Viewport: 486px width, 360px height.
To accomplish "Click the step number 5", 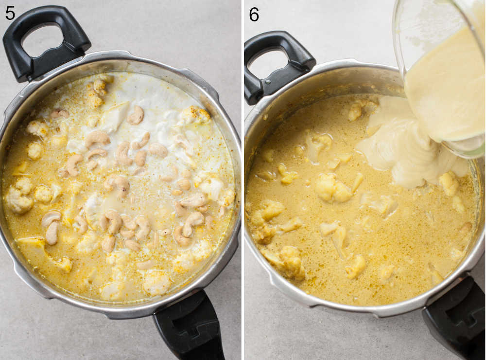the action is point(10,14).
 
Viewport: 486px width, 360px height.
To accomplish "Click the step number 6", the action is point(254,14).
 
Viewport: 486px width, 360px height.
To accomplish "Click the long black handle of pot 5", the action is point(189,329).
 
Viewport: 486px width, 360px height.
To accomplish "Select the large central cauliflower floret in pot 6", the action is point(333,187).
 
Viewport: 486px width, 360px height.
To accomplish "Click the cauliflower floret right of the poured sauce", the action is point(449,183).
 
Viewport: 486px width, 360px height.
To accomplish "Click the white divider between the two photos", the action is point(243,180).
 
